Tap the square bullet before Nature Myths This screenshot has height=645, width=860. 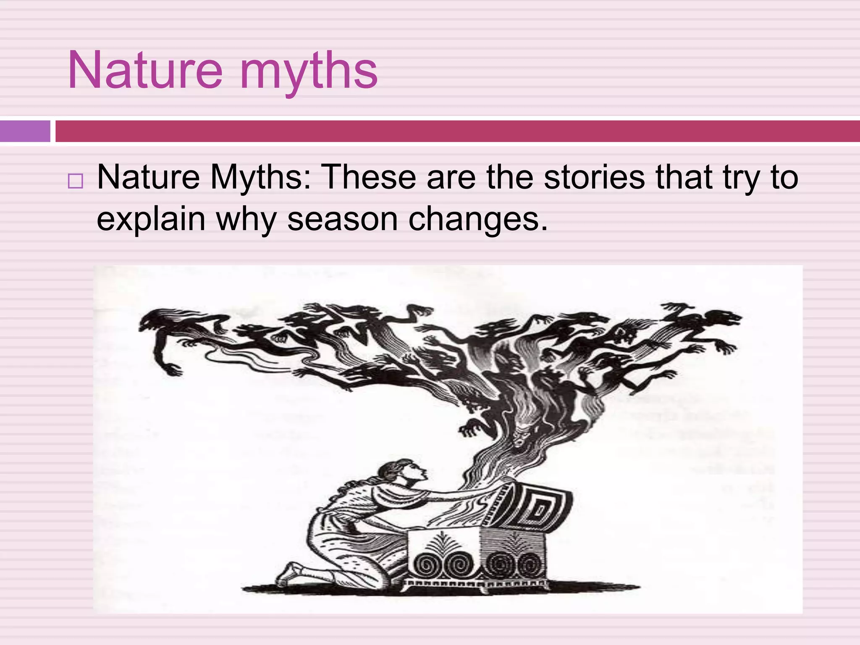pyautogui.click(x=75, y=181)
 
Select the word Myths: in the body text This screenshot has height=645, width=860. pyautogui.click(x=261, y=177)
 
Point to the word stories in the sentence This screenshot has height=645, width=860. pyautogui.click(x=594, y=177)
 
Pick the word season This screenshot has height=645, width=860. pyautogui.click(x=342, y=219)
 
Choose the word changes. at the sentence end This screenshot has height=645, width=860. pyautogui.click(x=478, y=219)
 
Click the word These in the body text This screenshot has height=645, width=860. pyautogui.click(x=368, y=177)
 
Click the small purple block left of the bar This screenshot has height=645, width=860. pyautogui.click(x=25, y=131)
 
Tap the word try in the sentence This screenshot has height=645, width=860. pyautogui.click(x=741, y=177)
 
